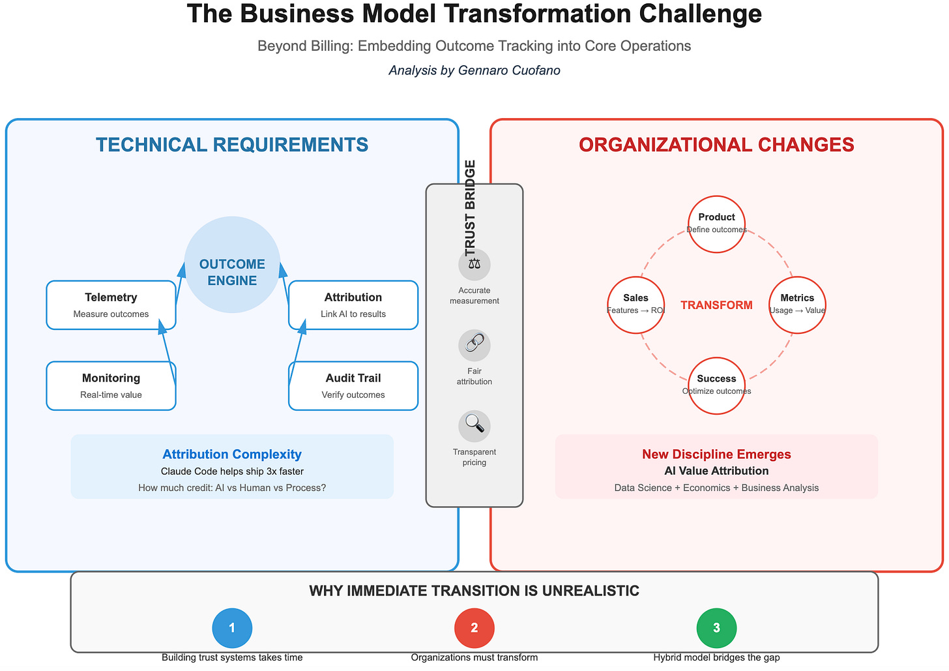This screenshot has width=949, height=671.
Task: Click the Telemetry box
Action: coord(111,305)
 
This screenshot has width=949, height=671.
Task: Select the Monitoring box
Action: coord(111,385)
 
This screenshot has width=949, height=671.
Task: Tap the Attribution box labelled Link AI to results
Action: coord(353,305)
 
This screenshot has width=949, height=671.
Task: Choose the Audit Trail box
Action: coord(353,385)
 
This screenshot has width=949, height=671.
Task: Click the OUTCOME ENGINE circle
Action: coord(232,264)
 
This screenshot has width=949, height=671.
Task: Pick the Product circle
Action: coord(716,224)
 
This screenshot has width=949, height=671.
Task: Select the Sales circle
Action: coord(635,305)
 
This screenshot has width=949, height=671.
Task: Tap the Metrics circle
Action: coord(797,305)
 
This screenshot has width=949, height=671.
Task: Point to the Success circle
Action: coord(716,385)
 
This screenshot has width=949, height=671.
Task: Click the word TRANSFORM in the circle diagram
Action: coord(716,305)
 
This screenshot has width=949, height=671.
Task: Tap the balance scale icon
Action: coord(474,264)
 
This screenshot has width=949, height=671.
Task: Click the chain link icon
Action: coord(474,345)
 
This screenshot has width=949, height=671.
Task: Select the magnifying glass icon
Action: coord(474,426)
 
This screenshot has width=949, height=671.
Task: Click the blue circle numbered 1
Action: coord(232,628)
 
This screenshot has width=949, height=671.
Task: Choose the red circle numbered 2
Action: coord(474,628)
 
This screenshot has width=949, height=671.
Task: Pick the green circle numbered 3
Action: coord(716,628)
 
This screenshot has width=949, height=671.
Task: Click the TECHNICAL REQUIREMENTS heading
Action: coord(232,145)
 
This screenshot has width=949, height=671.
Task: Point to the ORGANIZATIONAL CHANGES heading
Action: coord(716,145)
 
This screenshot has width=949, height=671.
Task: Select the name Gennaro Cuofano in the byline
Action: coord(514,70)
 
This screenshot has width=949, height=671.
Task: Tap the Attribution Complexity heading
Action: coord(232,455)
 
